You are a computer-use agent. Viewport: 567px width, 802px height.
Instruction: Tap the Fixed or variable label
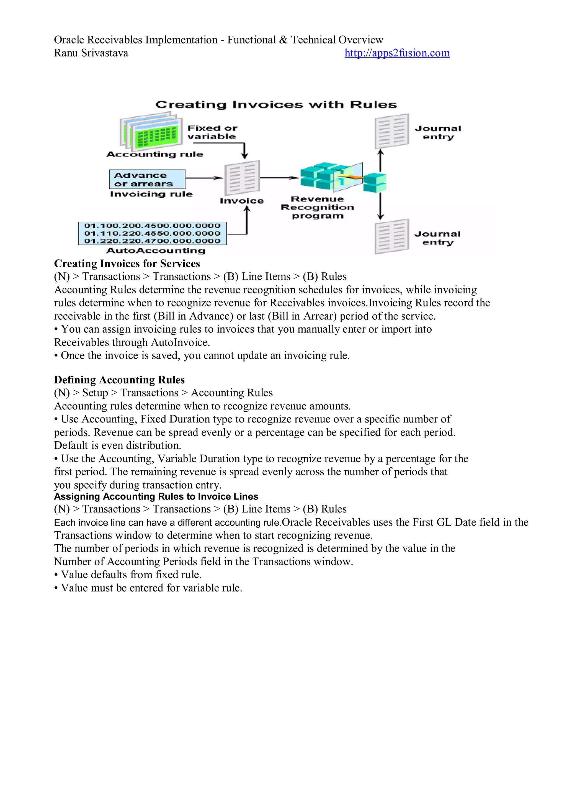click(x=212, y=132)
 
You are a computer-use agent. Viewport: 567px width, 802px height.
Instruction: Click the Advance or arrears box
click(x=147, y=179)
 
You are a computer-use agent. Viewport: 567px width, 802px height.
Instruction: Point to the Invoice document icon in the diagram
click(x=242, y=178)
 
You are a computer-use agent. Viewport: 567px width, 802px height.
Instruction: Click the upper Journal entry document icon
click(x=392, y=131)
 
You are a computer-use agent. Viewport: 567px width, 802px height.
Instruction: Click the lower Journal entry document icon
click(x=392, y=237)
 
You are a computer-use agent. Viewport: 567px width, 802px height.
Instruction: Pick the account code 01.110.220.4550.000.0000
click(x=152, y=233)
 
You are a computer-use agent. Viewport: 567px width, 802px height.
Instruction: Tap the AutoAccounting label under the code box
click(x=156, y=250)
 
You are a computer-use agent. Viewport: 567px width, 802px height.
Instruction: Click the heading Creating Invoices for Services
click(x=127, y=263)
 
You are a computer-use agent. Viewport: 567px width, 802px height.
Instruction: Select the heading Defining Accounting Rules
click(x=119, y=380)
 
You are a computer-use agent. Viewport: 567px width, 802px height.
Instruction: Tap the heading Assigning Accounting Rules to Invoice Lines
click(x=156, y=496)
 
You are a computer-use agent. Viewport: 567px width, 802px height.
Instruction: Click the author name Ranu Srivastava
click(x=91, y=53)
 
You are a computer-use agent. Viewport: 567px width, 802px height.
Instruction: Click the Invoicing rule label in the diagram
click(x=151, y=194)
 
